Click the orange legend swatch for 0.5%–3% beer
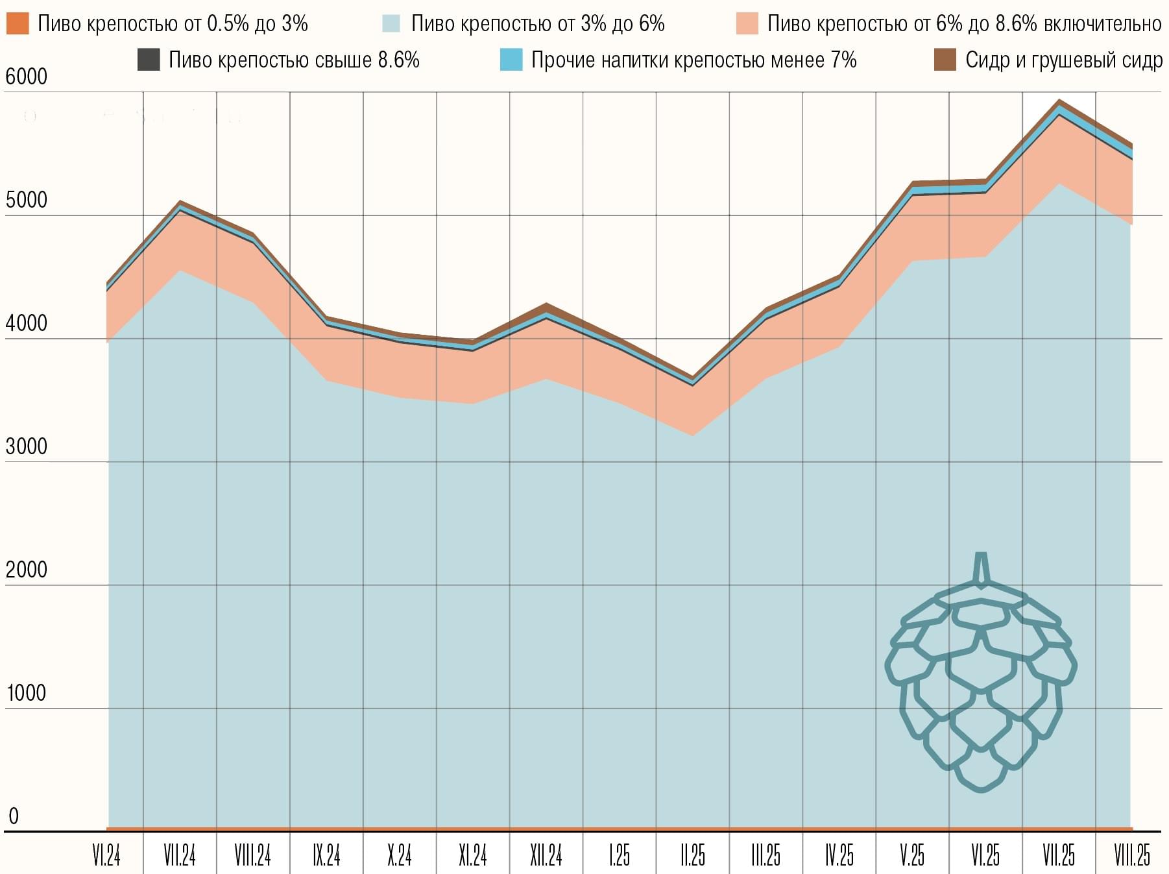click(x=18, y=24)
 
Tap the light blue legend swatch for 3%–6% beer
click(x=391, y=24)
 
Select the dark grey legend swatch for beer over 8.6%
click(x=149, y=60)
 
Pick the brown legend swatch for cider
click(x=945, y=60)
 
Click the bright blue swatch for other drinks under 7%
click(x=511, y=60)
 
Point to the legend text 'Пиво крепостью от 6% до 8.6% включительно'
click(x=964, y=24)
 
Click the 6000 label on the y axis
click(x=27, y=77)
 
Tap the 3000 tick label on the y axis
click(x=27, y=446)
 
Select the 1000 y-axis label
click(x=27, y=693)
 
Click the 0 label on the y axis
click(x=14, y=816)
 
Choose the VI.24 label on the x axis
click(x=106, y=856)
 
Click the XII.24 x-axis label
click(x=546, y=856)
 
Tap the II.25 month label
click(x=693, y=856)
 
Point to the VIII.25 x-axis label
click(x=1132, y=856)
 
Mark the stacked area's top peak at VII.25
click(x=1059, y=101)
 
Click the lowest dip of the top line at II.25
click(x=693, y=378)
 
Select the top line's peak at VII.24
click(x=180, y=202)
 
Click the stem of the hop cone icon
click(x=982, y=568)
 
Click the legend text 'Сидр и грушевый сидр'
click(x=1063, y=60)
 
